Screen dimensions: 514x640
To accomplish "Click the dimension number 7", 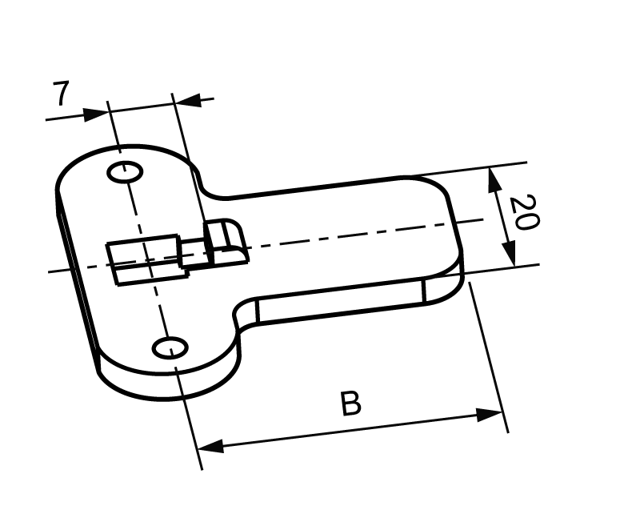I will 60,94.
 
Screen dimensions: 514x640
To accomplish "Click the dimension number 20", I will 521,211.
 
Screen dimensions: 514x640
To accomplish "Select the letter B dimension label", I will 350,404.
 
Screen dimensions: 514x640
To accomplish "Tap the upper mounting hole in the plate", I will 126,172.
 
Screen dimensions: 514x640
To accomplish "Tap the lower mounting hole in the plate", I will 170,347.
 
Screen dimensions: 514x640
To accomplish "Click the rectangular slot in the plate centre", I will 144,259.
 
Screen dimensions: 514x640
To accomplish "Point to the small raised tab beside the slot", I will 225,240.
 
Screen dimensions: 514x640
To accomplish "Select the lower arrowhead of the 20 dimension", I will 510,255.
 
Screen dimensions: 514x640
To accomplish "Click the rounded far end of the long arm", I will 456,228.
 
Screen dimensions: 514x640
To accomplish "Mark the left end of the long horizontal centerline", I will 50,271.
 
